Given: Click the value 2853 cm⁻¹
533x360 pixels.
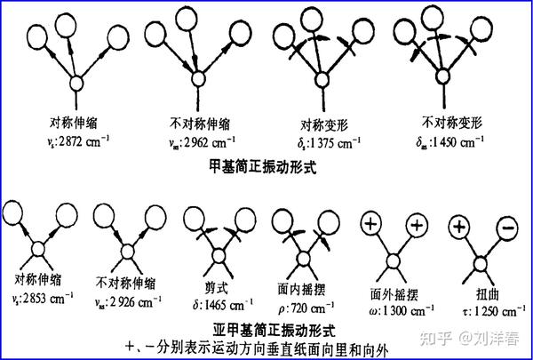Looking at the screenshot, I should tap(44, 302).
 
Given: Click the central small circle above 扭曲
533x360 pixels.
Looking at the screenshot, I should tap(480, 262).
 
